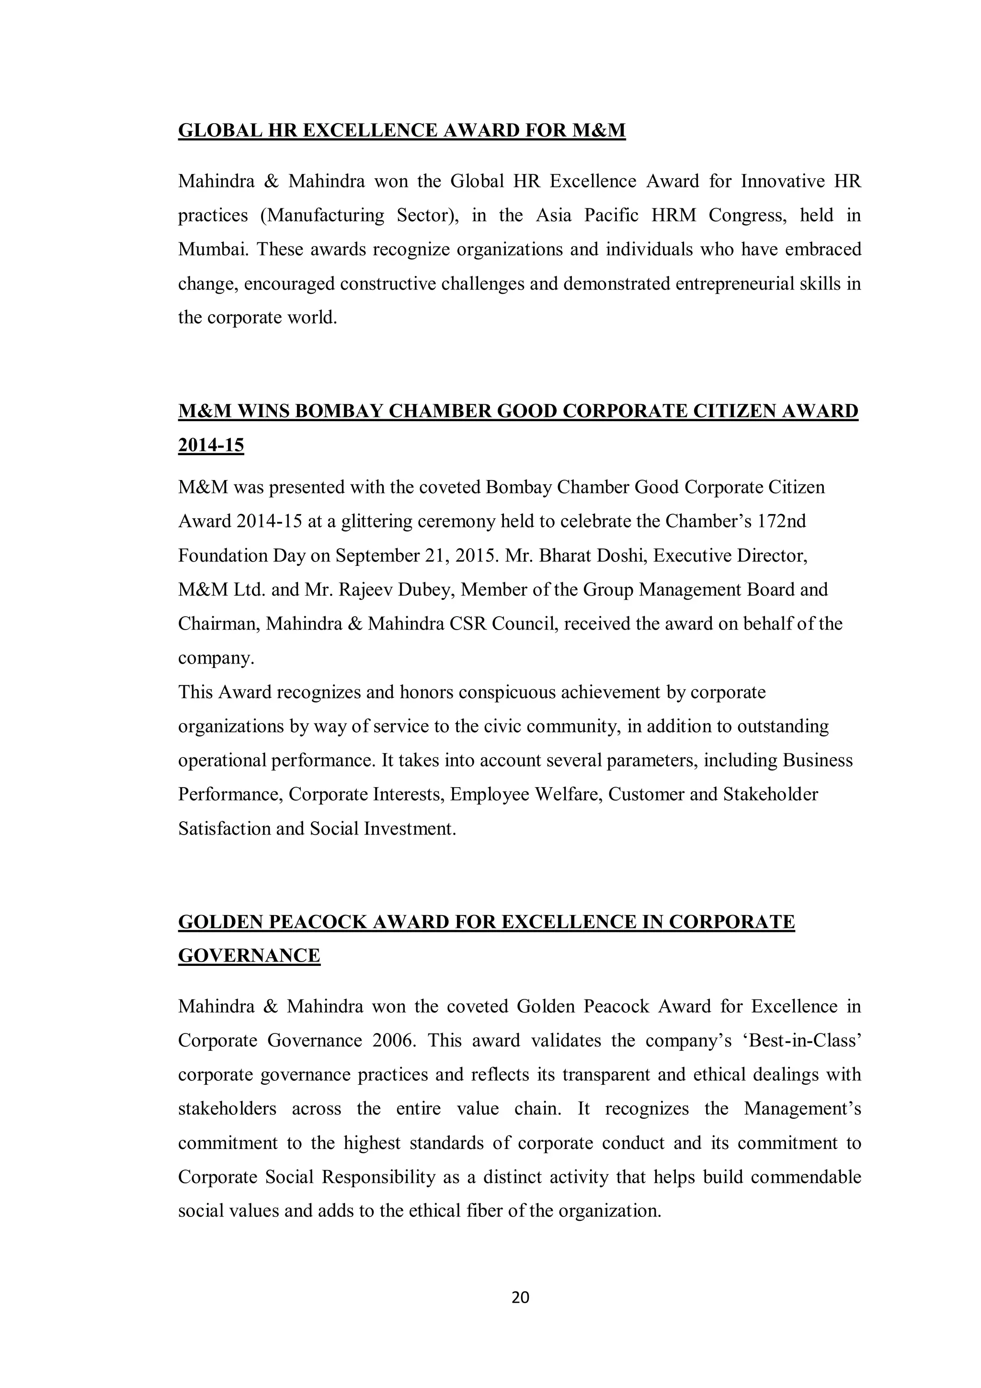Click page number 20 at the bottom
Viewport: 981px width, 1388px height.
tap(520, 1297)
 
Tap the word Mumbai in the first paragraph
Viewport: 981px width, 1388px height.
tap(213, 250)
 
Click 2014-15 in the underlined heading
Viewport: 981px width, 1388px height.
tap(211, 446)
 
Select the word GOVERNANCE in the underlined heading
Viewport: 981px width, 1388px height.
tap(249, 956)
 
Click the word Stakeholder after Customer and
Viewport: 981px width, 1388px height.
tap(770, 794)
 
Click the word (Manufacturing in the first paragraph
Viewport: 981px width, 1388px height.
tap(322, 216)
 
